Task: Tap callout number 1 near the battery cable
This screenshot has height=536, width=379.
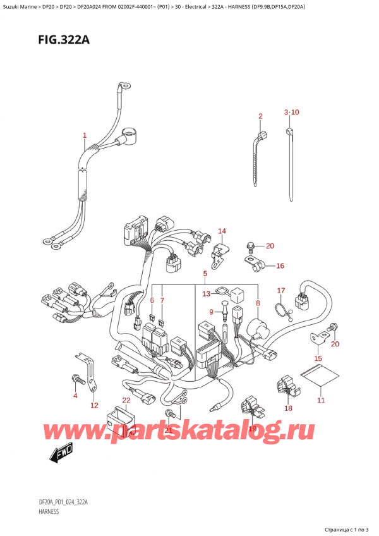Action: click(x=85, y=135)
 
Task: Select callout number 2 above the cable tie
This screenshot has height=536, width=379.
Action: click(x=260, y=116)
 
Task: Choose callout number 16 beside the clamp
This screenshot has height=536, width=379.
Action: click(x=280, y=266)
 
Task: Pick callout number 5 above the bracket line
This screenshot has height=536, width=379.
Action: click(x=205, y=274)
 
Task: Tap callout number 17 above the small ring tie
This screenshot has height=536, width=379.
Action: click(x=282, y=291)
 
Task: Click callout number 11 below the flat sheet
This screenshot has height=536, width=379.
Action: click(x=320, y=400)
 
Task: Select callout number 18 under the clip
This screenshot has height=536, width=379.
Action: click(x=289, y=408)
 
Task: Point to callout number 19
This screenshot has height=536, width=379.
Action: click(x=253, y=429)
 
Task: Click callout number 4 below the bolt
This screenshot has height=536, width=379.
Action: click(x=75, y=396)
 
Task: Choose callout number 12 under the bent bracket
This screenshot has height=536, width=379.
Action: click(x=94, y=405)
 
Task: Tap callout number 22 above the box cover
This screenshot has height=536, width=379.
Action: click(x=126, y=399)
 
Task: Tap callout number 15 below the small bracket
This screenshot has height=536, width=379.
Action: click(x=318, y=359)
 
